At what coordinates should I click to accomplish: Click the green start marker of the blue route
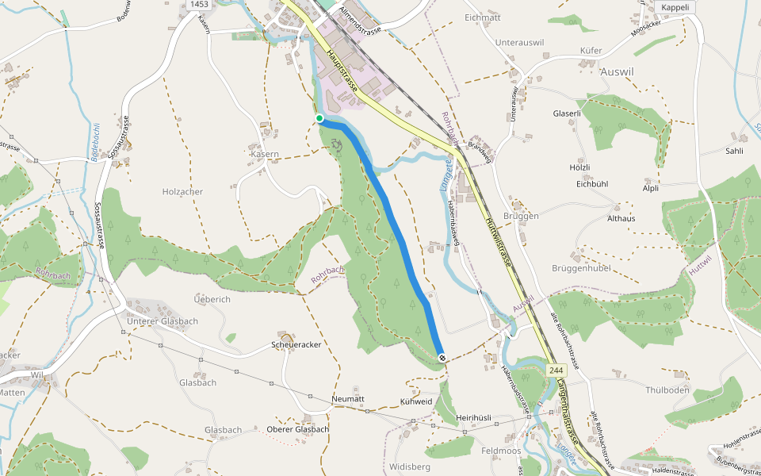[x=319, y=118]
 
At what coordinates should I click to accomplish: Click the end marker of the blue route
[x=441, y=358]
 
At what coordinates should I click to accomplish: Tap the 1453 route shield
[x=199, y=5]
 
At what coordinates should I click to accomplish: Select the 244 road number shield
[x=555, y=370]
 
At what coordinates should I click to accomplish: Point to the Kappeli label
[x=676, y=6]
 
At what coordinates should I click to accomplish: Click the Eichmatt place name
[x=483, y=17]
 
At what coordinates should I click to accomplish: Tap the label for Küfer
[x=591, y=50]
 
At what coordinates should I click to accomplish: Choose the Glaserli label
[x=567, y=113]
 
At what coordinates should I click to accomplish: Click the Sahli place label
[x=735, y=151]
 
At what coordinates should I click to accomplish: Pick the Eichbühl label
[x=592, y=184]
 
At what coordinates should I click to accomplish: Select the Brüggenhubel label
[x=581, y=268]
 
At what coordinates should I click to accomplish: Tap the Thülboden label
[x=667, y=390]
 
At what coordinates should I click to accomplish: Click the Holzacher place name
[x=182, y=192]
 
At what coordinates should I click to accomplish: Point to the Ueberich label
[x=212, y=299]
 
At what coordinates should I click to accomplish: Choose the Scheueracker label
[x=296, y=345]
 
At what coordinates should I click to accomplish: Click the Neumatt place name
[x=347, y=398]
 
